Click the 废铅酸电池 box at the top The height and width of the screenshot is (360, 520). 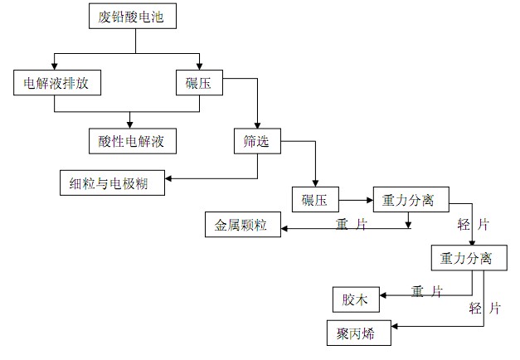coord(133,16)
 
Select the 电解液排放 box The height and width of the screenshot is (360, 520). coord(57,83)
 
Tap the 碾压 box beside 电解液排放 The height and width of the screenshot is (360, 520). coord(199,83)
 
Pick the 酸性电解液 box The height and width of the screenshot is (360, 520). coord(133,141)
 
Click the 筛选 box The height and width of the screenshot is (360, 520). coord(257,141)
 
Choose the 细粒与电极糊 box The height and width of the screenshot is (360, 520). coord(112,182)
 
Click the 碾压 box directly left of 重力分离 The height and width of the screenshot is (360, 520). coord(315,199)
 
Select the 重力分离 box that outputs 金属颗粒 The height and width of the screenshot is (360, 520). coord(411,199)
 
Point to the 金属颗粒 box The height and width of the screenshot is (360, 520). coord(243,225)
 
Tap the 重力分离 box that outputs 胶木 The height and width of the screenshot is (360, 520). coord(469,258)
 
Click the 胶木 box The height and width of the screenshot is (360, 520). coord(356,299)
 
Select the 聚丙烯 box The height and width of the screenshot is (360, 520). coord(359,333)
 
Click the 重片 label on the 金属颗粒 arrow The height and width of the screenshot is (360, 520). coord(351,224)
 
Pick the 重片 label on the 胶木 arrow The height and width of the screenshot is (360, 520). coord(427,291)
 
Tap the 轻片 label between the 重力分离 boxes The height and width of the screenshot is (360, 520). coord(474,225)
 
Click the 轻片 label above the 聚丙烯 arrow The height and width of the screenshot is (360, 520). coord(484,309)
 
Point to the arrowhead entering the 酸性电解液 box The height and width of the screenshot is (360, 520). coord(130,125)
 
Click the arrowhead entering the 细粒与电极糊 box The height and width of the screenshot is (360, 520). coord(168,178)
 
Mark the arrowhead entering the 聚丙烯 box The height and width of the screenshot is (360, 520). coord(395,326)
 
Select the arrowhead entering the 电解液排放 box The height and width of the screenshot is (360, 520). coord(55,66)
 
